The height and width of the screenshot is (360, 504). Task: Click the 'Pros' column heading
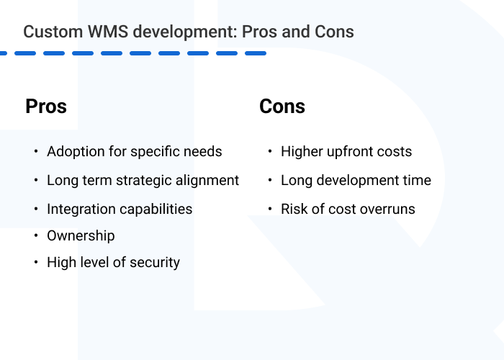pyautogui.click(x=46, y=107)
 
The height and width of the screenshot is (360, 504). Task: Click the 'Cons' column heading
pyautogui.click(x=282, y=107)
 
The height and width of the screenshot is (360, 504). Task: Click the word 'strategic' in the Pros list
pyautogui.click(x=143, y=181)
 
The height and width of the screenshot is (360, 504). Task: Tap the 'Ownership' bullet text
pyautogui.click(x=81, y=235)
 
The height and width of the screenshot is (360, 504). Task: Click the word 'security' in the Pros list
pyautogui.click(x=153, y=263)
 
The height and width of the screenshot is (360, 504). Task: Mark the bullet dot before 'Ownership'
pyautogui.click(x=36, y=235)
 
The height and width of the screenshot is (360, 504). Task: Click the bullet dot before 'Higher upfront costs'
pyautogui.click(x=270, y=152)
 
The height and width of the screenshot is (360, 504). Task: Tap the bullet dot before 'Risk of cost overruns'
pyautogui.click(x=270, y=210)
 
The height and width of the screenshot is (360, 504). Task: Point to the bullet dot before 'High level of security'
pyautogui.click(x=36, y=263)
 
